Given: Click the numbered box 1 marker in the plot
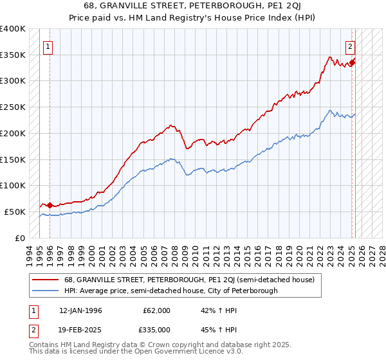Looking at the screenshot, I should coord(49,46).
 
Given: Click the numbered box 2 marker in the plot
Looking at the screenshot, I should coord(351,46).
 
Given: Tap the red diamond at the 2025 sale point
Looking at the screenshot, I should coord(353,62).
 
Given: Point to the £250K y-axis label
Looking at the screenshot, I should coord(13,107).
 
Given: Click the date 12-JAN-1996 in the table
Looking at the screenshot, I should coord(81,310).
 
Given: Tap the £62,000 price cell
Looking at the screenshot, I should coord(156,310).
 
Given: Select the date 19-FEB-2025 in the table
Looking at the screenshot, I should coord(81,329).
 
